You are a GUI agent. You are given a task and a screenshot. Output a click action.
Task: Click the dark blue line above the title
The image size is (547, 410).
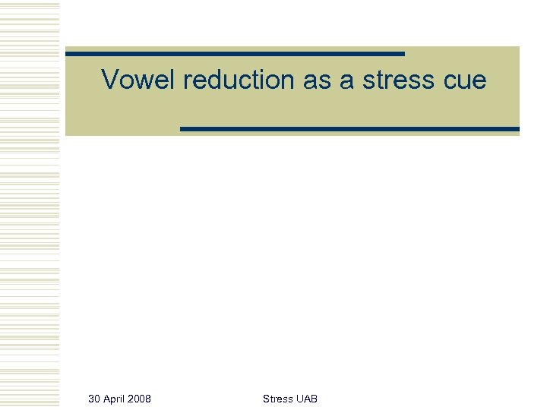(x=235, y=54)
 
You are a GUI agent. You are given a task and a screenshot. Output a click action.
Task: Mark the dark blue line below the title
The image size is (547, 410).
(x=349, y=129)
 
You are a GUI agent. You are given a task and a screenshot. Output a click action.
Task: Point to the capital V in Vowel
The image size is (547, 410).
(x=109, y=79)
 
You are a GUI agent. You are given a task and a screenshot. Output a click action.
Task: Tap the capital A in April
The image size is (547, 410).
(x=106, y=399)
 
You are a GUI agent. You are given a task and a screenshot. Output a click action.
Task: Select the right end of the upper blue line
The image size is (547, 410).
(x=403, y=54)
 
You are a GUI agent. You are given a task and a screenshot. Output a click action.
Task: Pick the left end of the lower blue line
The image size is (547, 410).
(x=182, y=129)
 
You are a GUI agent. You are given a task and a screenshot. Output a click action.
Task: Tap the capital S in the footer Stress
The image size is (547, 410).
(x=266, y=399)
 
